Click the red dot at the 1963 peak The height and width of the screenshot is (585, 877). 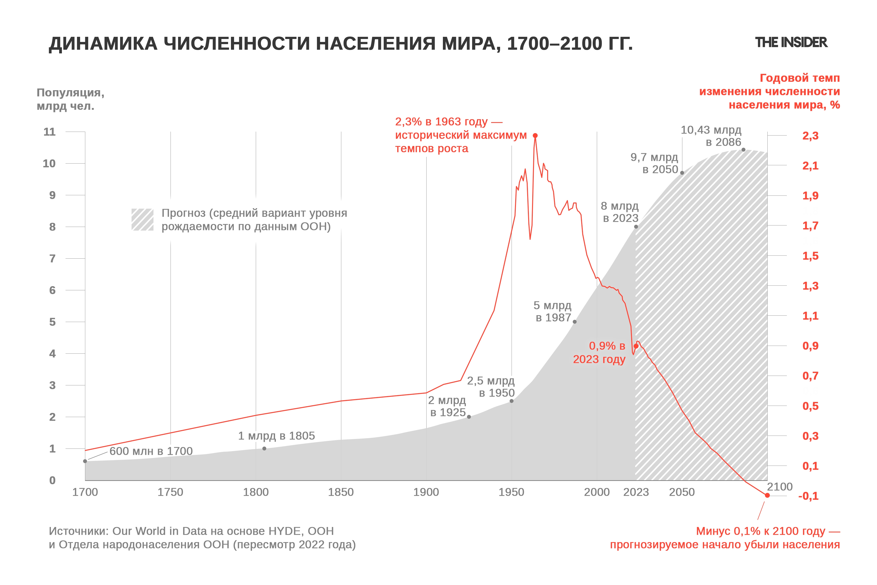click(x=535, y=136)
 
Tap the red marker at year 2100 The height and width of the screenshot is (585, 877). click(x=767, y=495)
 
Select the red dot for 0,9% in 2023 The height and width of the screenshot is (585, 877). click(x=636, y=346)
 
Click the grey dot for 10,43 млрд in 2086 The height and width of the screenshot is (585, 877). click(x=743, y=150)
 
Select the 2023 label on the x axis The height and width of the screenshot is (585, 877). click(x=636, y=492)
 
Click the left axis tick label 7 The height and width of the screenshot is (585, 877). click(x=52, y=259)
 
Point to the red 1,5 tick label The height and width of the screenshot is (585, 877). click(x=810, y=256)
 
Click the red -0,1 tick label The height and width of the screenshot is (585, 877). click(x=808, y=496)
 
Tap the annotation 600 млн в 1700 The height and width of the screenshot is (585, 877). click(x=151, y=451)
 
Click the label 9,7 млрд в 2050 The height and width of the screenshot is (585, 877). click(x=654, y=163)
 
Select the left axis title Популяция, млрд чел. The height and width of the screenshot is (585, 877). click(x=70, y=99)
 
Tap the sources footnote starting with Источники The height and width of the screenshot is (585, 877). click(x=202, y=538)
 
